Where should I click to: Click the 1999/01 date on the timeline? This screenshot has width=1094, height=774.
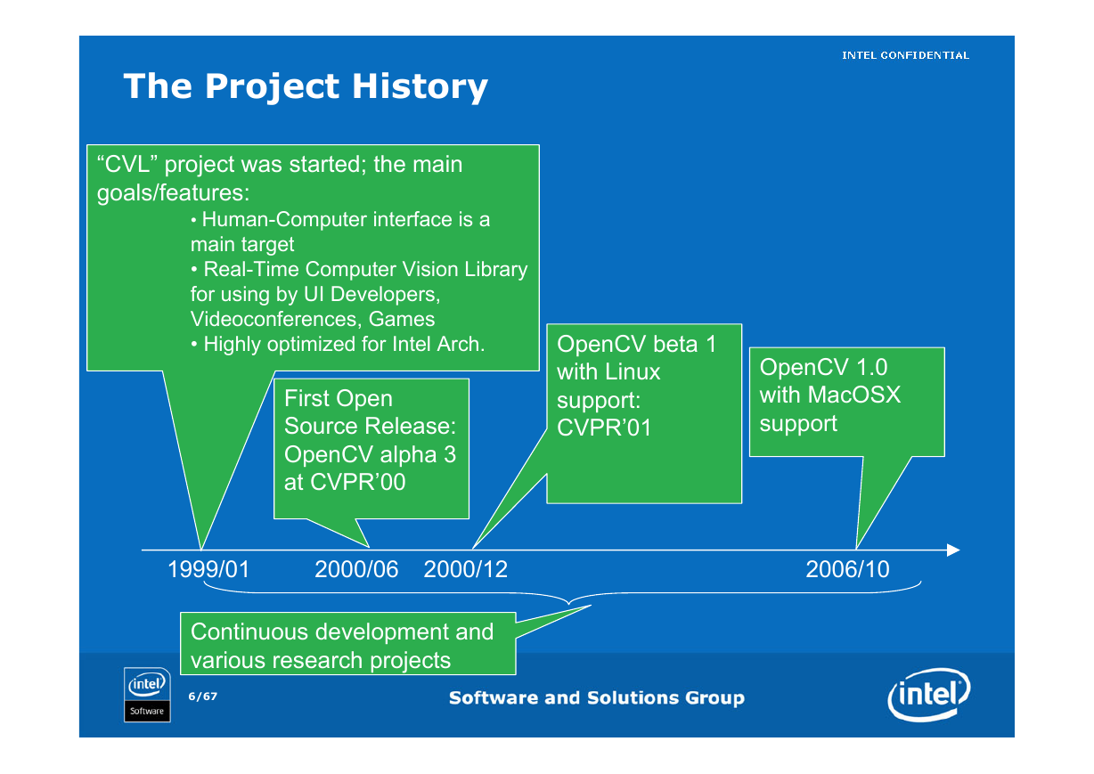pos(208,569)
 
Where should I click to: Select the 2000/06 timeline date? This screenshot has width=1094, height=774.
pos(356,569)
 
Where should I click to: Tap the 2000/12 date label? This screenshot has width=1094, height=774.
pos(465,569)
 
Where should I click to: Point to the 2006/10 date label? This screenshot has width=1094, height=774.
pos(847,569)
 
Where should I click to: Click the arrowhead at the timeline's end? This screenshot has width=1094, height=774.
pos(953,550)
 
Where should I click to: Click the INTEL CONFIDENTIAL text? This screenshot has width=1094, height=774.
pos(905,55)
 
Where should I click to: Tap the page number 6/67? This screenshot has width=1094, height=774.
pos(203,697)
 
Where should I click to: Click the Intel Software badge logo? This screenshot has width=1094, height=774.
pos(147,695)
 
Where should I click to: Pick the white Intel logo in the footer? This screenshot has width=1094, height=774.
pos(928,695)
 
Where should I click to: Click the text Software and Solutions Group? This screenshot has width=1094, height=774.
pos(597,697)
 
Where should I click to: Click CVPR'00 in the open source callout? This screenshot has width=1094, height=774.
pos(358,482)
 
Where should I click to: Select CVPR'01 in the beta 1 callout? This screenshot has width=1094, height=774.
pos(604,428)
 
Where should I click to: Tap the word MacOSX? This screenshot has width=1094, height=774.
pos(854,395)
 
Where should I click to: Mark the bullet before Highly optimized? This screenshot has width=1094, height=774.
pos(194,345)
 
